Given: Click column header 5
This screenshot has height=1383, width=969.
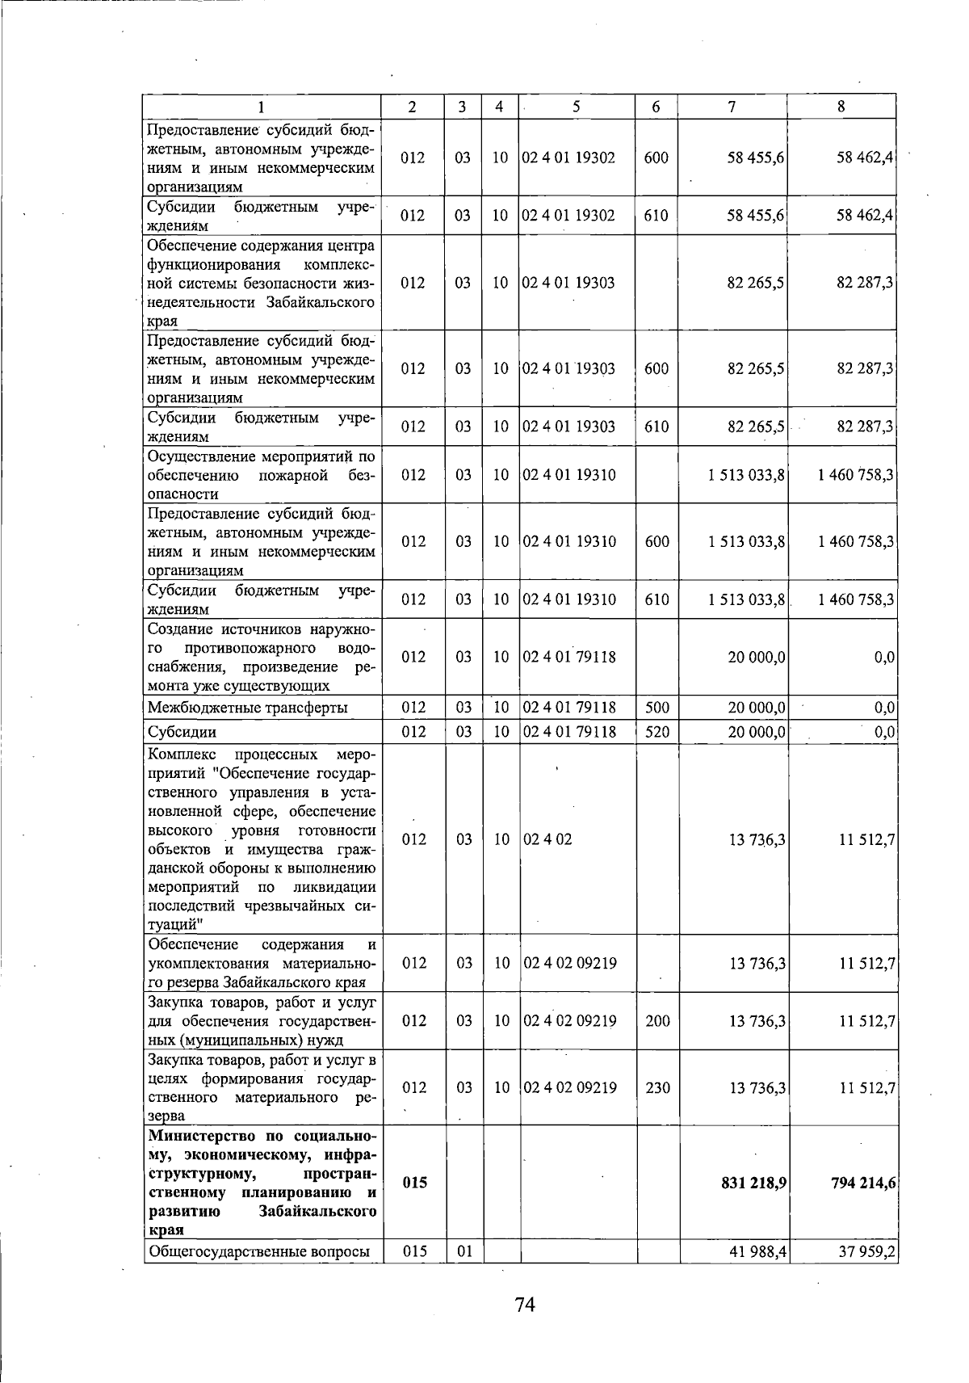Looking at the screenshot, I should tap(576, 107).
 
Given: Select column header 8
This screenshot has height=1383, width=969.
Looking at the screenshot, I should tap(841, 107).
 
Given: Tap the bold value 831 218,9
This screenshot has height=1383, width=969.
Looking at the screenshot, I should tap(753, 1183).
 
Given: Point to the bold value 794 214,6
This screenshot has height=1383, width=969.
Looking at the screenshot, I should tap(862, 1183).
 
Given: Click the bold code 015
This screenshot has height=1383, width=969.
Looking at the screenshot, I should tap(413, 1183).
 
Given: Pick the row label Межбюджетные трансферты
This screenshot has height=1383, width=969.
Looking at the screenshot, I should tap(248, 708).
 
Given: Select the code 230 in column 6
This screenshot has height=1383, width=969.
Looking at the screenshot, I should tap(657, 1087).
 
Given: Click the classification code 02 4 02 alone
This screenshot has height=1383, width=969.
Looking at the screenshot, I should tap(547, 839).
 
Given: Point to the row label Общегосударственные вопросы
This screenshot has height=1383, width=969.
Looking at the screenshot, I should tap(258, 1275).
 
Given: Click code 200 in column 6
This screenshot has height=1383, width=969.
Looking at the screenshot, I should tap(657, 1021).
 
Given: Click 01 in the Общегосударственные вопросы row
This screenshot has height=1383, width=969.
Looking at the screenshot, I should tap(464, 1275).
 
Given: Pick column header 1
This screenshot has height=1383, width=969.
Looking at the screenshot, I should tap(262, 107).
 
